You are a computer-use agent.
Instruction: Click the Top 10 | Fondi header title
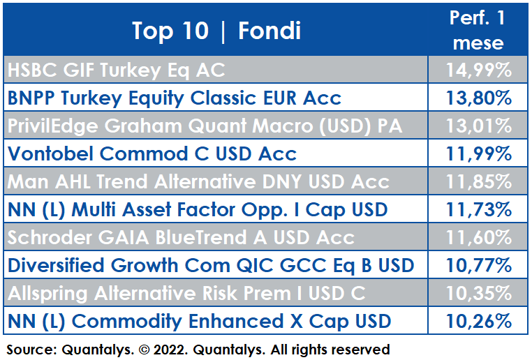216,31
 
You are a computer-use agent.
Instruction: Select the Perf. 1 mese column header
478,30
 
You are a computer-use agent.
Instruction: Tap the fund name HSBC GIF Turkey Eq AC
116,70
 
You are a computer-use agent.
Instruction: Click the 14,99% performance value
479,70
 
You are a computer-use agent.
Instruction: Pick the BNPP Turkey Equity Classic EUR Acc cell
174,98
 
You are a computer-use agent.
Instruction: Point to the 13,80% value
479,98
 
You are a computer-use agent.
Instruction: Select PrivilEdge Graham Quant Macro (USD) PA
205,126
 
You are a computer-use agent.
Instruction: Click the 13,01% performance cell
479,126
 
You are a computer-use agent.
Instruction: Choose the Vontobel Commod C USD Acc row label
152,153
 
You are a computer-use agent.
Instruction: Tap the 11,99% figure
479,153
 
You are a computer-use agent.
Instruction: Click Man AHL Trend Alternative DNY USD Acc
198,181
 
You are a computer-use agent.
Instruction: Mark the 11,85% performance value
479,181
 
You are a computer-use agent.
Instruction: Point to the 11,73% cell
479,209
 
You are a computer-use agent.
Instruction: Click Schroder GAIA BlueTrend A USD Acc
181,237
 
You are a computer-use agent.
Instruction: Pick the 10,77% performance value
479,265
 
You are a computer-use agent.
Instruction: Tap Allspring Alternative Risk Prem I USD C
186,294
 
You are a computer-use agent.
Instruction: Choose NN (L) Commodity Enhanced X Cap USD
199,322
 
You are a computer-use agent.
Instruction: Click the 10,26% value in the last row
479,321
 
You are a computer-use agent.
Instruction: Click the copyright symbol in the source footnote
144,350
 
